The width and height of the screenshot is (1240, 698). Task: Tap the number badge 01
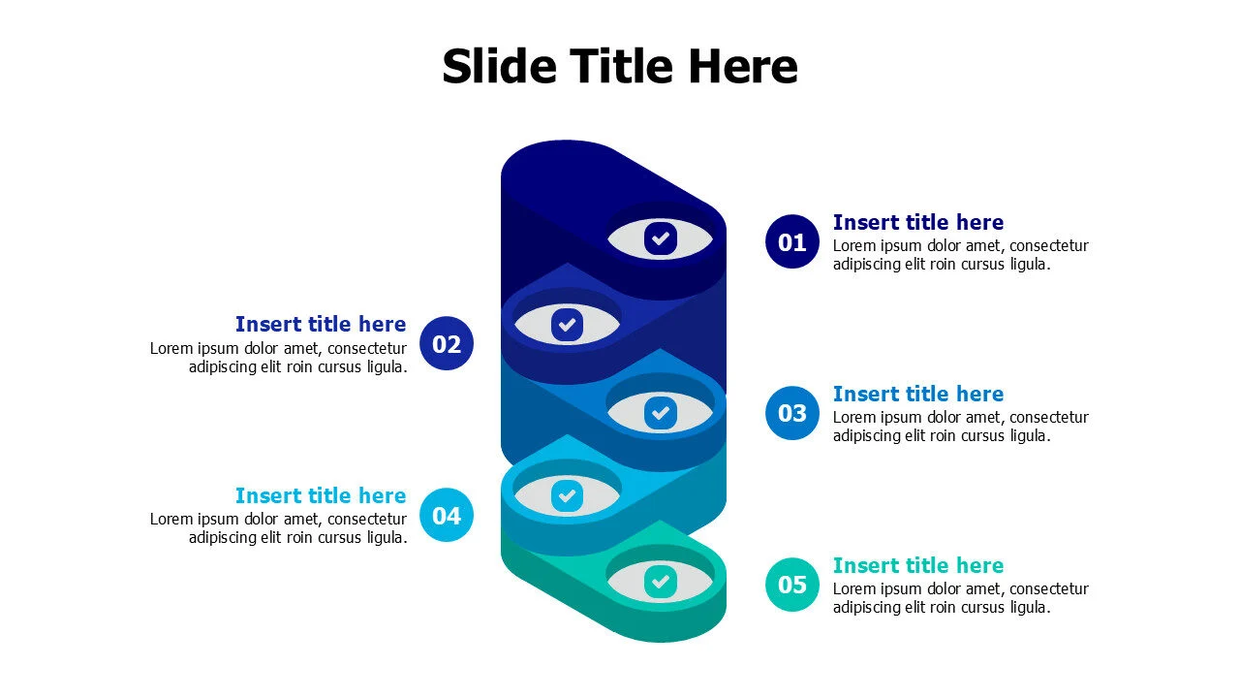792,242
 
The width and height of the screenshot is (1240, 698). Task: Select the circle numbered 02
447,343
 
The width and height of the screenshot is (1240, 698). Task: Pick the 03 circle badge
792,413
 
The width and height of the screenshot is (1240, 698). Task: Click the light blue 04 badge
447,515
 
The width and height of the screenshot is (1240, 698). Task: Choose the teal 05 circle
792,585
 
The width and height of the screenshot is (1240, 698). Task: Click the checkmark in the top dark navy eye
661,238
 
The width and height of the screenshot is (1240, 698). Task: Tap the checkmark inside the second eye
567,325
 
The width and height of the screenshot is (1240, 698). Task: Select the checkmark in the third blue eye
661,413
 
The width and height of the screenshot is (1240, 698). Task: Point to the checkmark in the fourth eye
567,495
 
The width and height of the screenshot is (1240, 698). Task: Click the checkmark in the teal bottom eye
661,582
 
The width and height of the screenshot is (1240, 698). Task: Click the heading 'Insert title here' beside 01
918,222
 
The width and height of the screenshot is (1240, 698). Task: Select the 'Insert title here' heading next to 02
321,324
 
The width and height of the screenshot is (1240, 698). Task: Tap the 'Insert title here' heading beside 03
918,394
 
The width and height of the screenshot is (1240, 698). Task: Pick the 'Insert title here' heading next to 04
321,495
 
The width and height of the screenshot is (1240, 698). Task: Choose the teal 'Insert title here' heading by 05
918,565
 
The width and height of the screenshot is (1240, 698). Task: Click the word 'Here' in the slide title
743,66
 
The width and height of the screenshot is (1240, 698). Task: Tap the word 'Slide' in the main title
500,66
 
